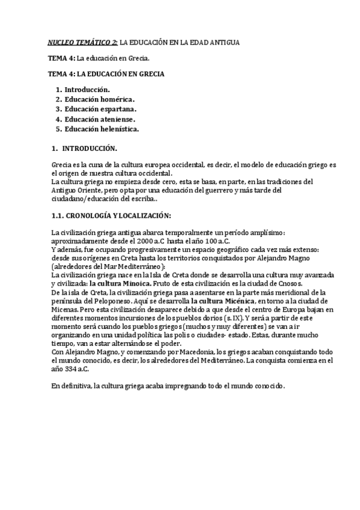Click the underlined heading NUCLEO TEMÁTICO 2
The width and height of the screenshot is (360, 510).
coord(83,43)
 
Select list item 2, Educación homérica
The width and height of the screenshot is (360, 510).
coord(100,99)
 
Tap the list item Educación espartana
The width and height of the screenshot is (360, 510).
coord(100,109)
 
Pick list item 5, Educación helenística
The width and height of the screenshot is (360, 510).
coord(102,129)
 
